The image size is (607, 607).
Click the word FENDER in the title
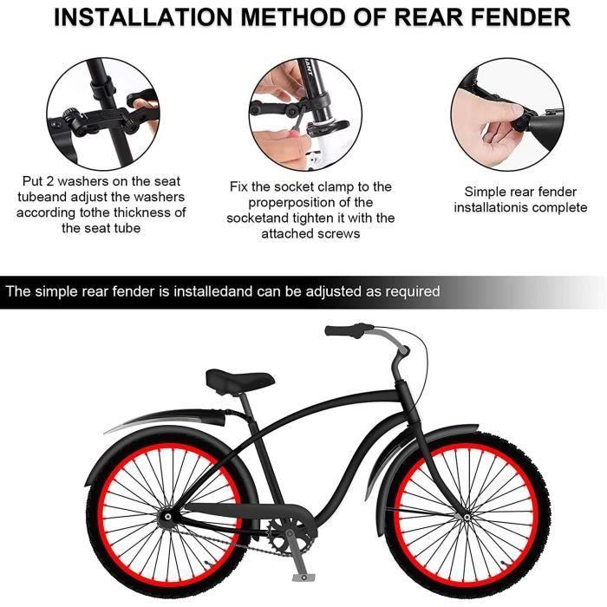(x=512, y=18)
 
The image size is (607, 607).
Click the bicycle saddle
(x=239, y=379)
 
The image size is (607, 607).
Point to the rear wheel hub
(x=170, y=519)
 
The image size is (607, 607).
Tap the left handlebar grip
(x=343, y=330)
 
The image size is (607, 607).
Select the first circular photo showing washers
(x=102, y=114)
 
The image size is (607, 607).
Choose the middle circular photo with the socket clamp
(x=304, y=114)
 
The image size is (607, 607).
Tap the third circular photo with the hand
(x=506, y=114)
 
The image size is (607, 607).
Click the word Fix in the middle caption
(x=240, y=186)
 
